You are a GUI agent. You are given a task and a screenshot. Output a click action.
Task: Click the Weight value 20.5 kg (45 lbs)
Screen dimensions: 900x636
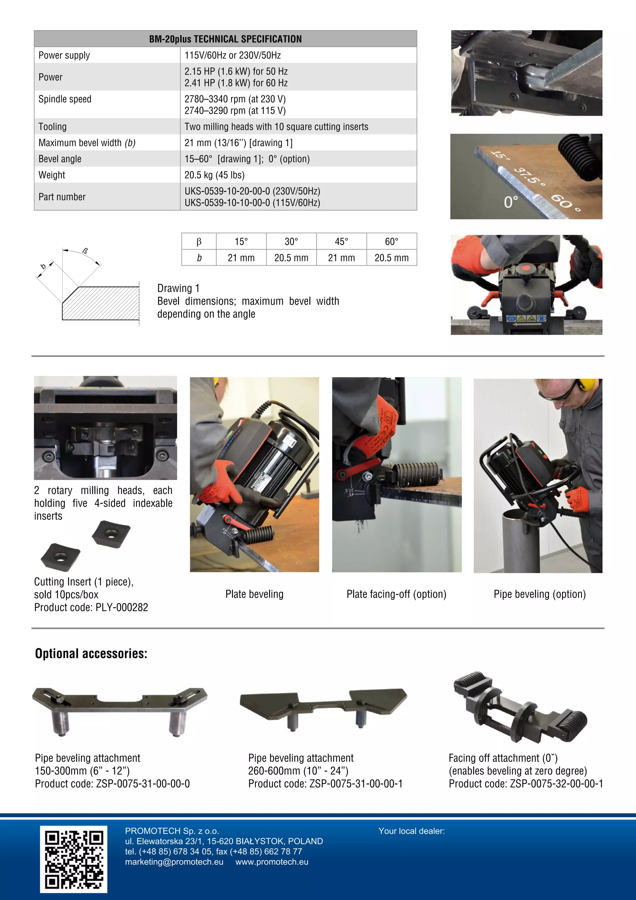pos(214,175)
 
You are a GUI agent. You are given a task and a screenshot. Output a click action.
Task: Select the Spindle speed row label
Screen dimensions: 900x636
pos(65,99)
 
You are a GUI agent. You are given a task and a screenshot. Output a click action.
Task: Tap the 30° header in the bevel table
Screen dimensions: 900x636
pos(291,241)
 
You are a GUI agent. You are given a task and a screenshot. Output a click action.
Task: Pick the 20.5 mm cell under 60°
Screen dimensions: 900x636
pos(391,258)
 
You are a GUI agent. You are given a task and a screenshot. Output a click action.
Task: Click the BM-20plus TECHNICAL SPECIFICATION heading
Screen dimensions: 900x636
pos(225,39)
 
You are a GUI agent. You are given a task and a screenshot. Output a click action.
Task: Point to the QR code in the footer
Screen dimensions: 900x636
pos(74,859)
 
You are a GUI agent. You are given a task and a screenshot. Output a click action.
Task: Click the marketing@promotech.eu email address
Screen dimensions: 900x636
pos(174,862)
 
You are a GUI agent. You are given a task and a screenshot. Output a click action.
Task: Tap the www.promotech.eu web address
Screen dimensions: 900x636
pos(272,862)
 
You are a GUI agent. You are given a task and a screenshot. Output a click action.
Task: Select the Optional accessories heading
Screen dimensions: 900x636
pos(91,654)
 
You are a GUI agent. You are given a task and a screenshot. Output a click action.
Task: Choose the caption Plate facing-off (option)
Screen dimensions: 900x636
pos(396,594)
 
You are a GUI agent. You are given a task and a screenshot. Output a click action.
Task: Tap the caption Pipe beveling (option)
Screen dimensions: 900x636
pos(540,594)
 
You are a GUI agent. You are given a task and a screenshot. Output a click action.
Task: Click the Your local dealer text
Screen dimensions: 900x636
pos(411,831)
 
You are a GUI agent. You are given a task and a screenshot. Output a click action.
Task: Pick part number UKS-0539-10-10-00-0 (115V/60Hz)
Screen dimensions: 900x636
pos(252,203)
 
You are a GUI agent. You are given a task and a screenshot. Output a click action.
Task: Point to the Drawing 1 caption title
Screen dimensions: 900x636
pos(178,288)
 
